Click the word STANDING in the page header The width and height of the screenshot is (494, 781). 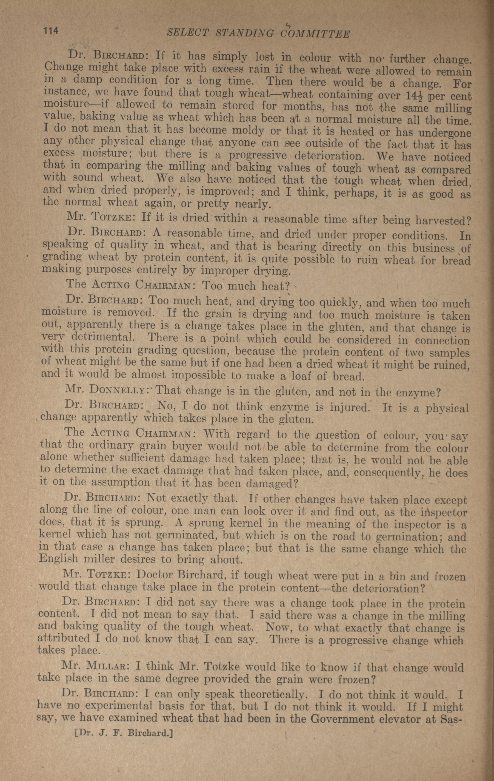245,33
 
